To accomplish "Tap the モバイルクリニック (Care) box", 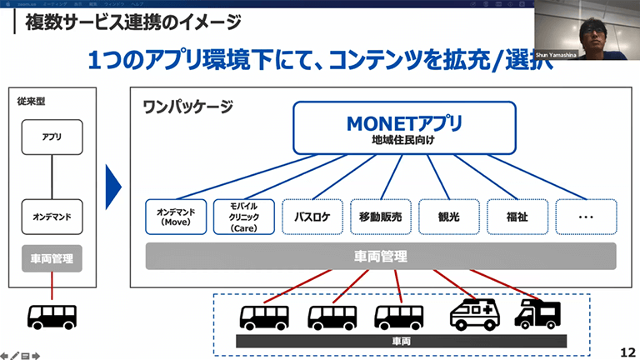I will pos(242,217).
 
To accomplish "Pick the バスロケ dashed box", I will pos(311,217).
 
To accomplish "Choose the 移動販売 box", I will pos(379,217).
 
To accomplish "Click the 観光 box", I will pos(447,217).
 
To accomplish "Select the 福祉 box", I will pos(516,217).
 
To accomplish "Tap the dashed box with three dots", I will pos(585,217).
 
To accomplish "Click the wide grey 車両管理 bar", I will pos(381,257).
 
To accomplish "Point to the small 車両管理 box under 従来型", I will pos(52,259).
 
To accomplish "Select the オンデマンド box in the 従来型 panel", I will pos(52,217).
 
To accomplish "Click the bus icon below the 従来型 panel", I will pos(52,316).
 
